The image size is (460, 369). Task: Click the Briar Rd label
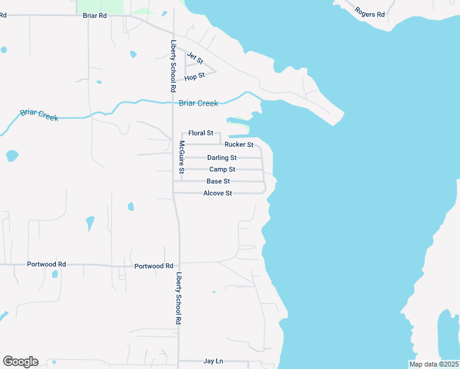95,15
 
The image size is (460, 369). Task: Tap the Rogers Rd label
370,12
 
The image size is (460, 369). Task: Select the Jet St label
195,58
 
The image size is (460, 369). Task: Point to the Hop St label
194,77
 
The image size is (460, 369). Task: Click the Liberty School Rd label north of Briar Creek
174,66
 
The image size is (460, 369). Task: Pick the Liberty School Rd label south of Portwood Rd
179,298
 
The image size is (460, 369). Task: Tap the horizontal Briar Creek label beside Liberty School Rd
198,103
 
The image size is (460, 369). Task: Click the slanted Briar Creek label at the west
39,114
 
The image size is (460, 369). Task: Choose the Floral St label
200,133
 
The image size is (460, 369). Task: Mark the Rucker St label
239,145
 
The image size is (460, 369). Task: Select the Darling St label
221,158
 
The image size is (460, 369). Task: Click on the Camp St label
222,169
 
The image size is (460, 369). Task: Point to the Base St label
218,181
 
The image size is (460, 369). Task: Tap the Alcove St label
218,193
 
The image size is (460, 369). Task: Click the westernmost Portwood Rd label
46,264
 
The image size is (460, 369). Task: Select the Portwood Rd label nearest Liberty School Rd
154,266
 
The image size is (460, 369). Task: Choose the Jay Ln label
213,362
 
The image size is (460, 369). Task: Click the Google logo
20,362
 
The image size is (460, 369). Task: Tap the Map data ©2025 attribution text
433,364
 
